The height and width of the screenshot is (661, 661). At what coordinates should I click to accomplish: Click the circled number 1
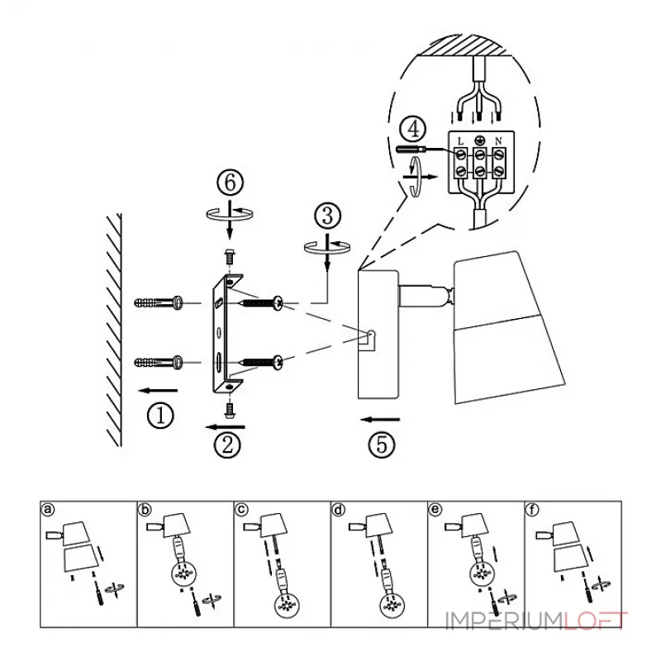point(160,416)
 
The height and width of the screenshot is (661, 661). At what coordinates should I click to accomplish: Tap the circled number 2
point(227,445)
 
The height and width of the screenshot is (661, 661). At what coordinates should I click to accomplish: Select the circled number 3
point(327,216)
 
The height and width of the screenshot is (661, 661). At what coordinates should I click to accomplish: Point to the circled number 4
point(412,129)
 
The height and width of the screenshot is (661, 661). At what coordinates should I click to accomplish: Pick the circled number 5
point(382,445)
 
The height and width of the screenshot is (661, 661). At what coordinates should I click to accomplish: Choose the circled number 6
point(231,183)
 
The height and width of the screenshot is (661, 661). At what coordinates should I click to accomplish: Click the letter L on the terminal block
point(460,141)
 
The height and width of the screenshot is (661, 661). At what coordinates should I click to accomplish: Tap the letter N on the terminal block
point(498,141)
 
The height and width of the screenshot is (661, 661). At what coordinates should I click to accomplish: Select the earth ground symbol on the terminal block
point(479,140)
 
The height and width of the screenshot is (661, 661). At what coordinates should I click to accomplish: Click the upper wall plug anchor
point(159,302)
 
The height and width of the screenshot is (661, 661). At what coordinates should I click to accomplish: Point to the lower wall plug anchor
point(159,362)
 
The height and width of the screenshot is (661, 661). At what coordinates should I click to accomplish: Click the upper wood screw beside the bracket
point(261,302)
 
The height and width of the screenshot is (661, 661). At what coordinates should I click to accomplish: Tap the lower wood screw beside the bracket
point(261,362)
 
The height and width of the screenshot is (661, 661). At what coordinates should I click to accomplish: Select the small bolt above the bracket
point(230,256)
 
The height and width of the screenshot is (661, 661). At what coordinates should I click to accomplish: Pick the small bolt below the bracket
point(230,410)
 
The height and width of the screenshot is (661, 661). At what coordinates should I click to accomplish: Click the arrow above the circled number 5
point(380,420)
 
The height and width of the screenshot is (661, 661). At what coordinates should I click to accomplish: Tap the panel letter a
point(49,510)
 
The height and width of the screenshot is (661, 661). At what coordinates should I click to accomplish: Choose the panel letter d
point(339,510)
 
